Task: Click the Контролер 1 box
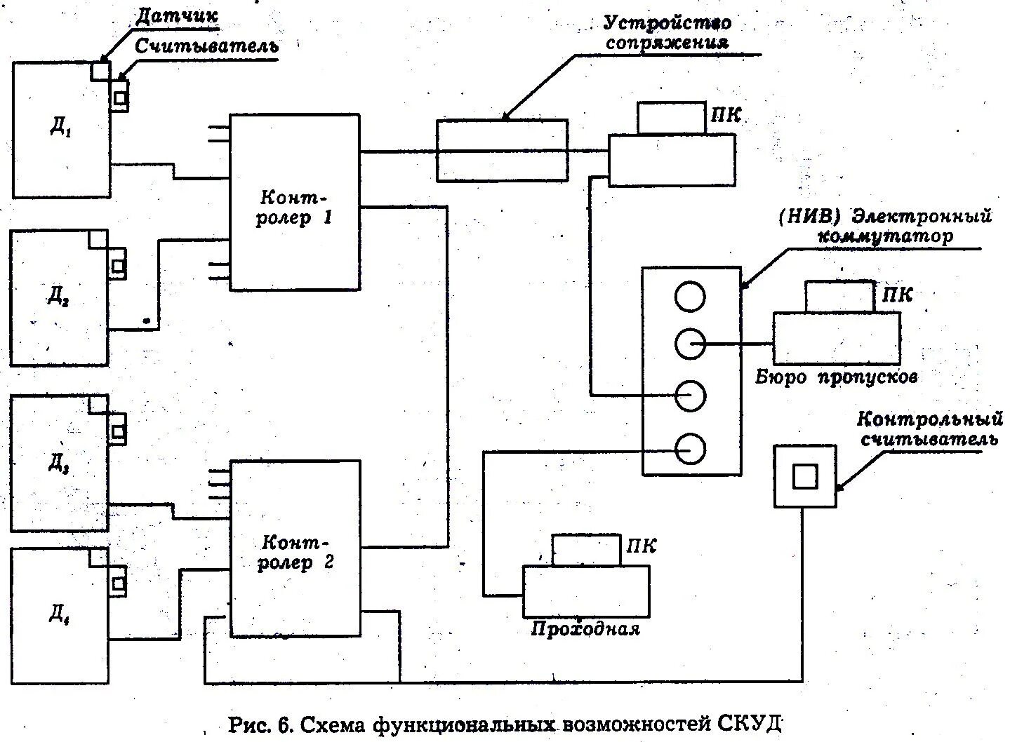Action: point(295,202)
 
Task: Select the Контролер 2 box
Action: point(295,548)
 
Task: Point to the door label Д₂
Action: point(58,297)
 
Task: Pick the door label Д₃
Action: point(58,463)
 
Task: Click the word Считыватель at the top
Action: point(208,46)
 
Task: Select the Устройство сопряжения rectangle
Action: point(502,150)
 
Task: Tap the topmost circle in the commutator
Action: point(689,297)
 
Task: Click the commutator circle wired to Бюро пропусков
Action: point(689,344)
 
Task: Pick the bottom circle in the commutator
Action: point(689,447)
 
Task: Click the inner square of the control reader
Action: point(805,476)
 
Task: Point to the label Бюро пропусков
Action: point(837,377)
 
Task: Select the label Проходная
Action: point(585,628)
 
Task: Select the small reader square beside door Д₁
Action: point(120,97)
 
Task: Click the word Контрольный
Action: point(928,420)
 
